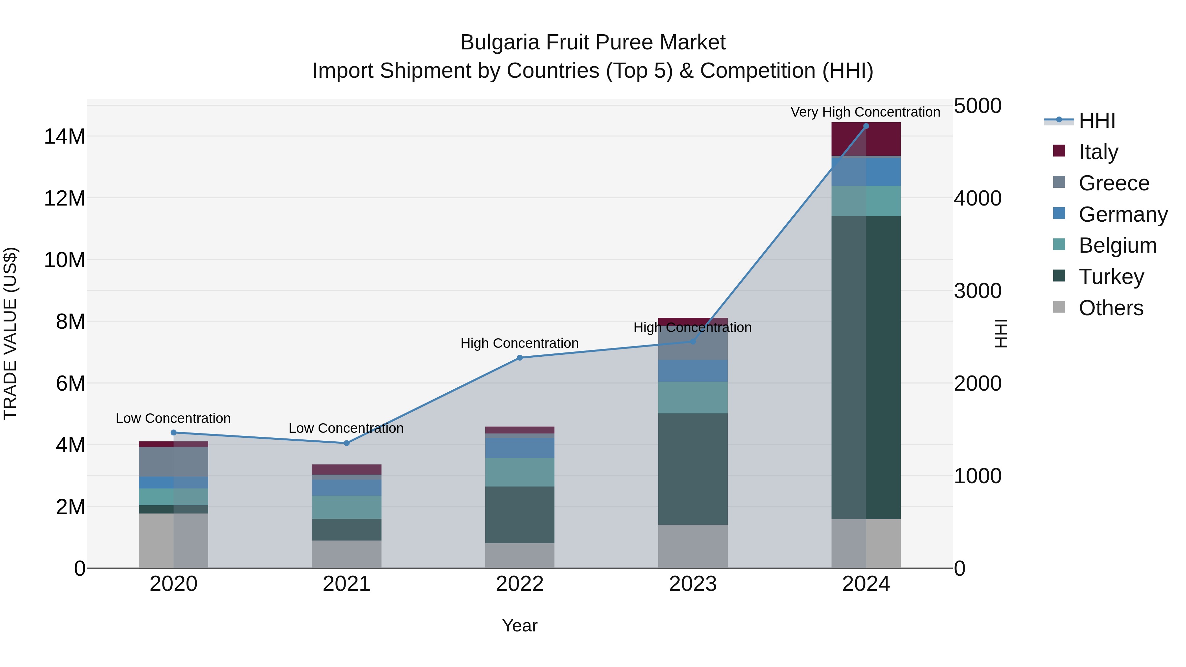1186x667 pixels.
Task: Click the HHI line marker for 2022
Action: (x=520, y=358)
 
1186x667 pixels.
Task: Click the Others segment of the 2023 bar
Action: (x=693, y=546)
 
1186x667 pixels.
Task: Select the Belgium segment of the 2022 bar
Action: (x=520, y=472)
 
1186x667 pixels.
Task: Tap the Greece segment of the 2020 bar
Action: (x=174, y=462)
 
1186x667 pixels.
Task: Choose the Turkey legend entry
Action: (x=1111, y=277)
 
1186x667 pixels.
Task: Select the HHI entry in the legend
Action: (x=1097, y=121)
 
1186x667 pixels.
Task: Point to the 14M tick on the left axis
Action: (x=65, y=137)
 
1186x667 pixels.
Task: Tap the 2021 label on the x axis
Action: (x=347, y=584)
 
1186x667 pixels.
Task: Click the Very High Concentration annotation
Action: (x=865, y=112)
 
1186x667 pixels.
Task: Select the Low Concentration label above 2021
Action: (x=346, y=428)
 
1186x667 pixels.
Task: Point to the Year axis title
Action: (x=520, y=625)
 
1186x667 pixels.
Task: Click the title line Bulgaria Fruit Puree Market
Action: (x=593, y=42)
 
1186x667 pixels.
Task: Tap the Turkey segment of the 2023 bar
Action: (x=693, y=469)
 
